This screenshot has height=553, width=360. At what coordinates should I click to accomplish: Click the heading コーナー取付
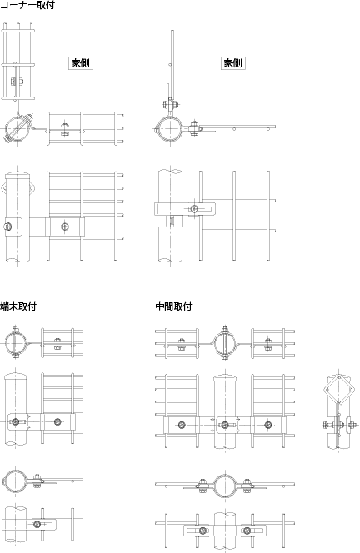(x=27, y=5)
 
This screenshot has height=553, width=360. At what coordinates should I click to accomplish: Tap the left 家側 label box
(x=81, y=63)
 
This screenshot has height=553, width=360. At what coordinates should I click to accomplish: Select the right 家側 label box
(x=233, y=63)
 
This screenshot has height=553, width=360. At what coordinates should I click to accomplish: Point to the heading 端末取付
(x=18, y=306)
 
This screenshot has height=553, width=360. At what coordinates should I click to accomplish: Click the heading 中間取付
(x=173, y=306)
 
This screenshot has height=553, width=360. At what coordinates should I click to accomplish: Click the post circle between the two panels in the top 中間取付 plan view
(x=225, y=343)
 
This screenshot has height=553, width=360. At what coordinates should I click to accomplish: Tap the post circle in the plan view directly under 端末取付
(x=15, y=343)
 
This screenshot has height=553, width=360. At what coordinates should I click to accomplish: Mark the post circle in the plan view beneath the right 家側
(x=168, y=127)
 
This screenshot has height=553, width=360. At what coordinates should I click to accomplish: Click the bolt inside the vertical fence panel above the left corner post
(x=17, y=82)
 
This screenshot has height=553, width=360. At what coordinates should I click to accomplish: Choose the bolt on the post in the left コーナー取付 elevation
(x=7, y=227)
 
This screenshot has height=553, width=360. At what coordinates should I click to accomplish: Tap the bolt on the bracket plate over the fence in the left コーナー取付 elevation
(x=65, y=227)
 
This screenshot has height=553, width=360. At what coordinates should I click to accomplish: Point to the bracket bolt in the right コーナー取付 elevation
(x=194, y=209)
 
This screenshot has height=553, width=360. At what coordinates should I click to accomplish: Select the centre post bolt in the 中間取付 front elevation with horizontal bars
(x=225, y=425)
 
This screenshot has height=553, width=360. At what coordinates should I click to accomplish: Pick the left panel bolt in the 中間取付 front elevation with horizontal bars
(x=182, y=425)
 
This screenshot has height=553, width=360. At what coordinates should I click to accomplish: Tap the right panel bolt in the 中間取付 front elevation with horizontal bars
(x=268, y=425)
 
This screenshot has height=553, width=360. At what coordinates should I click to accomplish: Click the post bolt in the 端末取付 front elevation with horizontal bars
(x=15, y=421)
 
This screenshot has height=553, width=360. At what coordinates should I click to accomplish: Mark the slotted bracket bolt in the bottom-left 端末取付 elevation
(x=37, y=524)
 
